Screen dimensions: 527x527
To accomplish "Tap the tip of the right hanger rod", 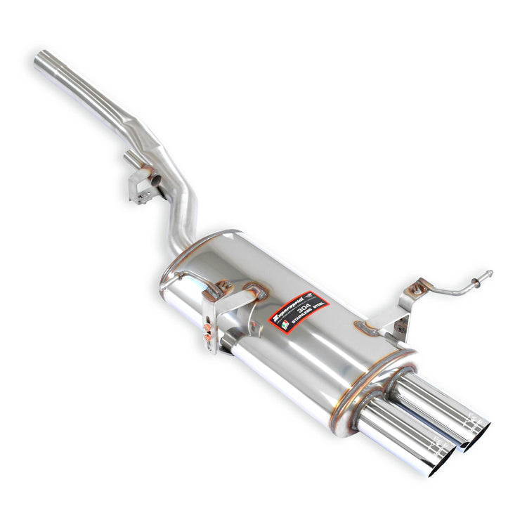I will tap(490, 273).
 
